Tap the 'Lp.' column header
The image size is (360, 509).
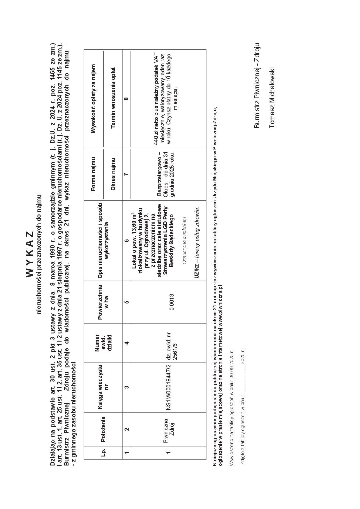(103, 452)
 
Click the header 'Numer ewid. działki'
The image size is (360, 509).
(103, 343)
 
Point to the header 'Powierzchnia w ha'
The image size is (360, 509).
(103, 302)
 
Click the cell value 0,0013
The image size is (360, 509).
(172, 302)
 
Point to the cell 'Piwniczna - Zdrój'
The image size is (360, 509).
(168, 431)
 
